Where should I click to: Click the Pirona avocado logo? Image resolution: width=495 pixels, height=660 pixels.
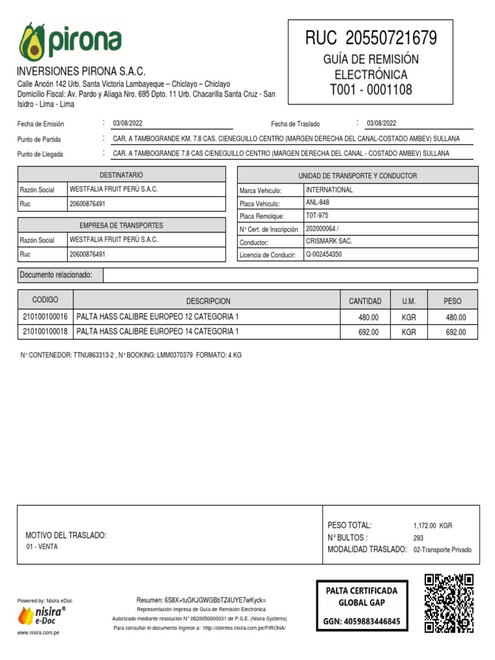[x=70, y=43]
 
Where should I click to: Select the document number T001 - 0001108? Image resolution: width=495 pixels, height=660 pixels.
[x=371, y=90]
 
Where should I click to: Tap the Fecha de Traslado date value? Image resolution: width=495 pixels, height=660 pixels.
[x=382, y=123]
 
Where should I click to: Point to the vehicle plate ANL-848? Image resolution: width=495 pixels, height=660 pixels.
[x=317, y=202]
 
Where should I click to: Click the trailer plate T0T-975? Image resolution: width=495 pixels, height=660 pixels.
[x=317, y=215]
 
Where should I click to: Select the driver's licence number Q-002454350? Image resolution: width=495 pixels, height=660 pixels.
[x=324, y=254]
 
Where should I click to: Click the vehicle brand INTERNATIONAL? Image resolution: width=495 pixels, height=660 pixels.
[x=329, y=190]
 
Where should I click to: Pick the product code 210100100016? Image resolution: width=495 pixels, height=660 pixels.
[x=45, y=317]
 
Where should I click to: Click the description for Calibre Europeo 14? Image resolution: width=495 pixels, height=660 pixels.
[x=158, y=331]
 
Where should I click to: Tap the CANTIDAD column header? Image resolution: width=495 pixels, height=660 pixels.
[x=365, y=301]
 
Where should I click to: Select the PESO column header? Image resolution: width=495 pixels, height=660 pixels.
[x=452, y=301]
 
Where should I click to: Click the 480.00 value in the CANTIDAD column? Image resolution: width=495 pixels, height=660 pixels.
[x=369, y=318]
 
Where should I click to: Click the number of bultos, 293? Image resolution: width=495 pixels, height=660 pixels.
[x=419, y=538]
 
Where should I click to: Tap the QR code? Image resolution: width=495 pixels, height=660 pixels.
[x=449, y=603]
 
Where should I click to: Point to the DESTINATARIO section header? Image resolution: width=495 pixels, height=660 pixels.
[x=121, y=175]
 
